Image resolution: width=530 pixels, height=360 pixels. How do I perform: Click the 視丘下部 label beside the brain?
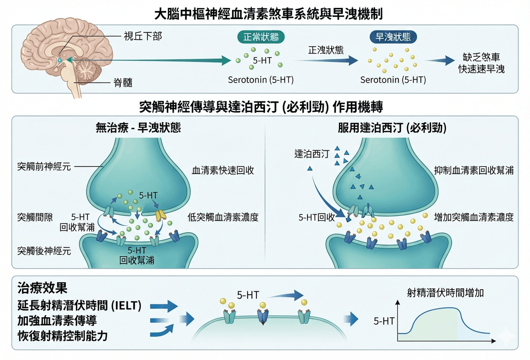pyautogui.click(x=143, y=36)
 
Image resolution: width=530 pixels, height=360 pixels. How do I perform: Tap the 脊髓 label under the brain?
pyautogui.click(x=123, y=83)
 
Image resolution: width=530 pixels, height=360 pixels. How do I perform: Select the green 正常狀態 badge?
pyautogui.click(x=261, y=37)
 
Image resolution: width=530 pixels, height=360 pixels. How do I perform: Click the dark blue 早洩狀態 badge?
pyautogui.click(x=393, y=37)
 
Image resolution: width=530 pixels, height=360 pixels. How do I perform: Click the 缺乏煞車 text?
pyautogui.click(x=481, y=57)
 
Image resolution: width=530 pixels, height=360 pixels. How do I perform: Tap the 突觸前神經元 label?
pyautogui.click(x=44, y=167)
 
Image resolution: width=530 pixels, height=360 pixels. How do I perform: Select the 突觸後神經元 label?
pyautogui.click(x=44, y=250)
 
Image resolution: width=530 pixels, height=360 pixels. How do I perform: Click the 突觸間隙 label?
pyautogui.click(x=35, y=217)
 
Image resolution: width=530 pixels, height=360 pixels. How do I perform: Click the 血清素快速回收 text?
pyautogui.click(x=223, y=171)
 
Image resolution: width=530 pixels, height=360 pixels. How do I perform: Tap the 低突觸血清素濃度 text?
pyautogui.click(x=223, y=217)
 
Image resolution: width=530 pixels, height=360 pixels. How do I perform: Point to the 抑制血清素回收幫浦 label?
pyautogui.click(x=473, y=171)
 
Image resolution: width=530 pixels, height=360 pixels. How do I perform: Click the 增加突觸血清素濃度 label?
pyautogui.click(x=473, y=217)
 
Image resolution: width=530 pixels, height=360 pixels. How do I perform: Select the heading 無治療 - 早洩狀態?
pyautogui.click(x=138, y=128)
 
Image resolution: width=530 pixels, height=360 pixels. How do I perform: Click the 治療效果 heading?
pyautogui.click(x=42, y=288)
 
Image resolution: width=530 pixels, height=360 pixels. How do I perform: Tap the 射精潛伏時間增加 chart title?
pyautogui.click(x=445, y=293)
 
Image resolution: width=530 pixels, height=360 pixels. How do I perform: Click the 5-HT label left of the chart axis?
pyautogui.click(x=384, y=321)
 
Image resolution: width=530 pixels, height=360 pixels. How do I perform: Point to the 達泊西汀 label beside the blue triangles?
pyautogui.click(x=312, y=154)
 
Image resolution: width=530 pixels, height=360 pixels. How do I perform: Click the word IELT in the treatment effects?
pyautogui.click(x=126, y=306)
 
